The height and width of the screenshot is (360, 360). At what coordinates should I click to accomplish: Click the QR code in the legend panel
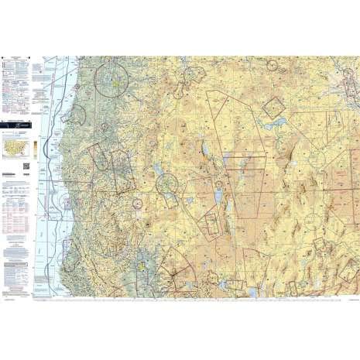coord(26,165)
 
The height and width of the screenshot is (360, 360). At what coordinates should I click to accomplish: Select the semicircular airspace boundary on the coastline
coord(76,115)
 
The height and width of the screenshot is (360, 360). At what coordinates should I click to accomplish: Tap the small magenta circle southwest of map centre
coord(137,204)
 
